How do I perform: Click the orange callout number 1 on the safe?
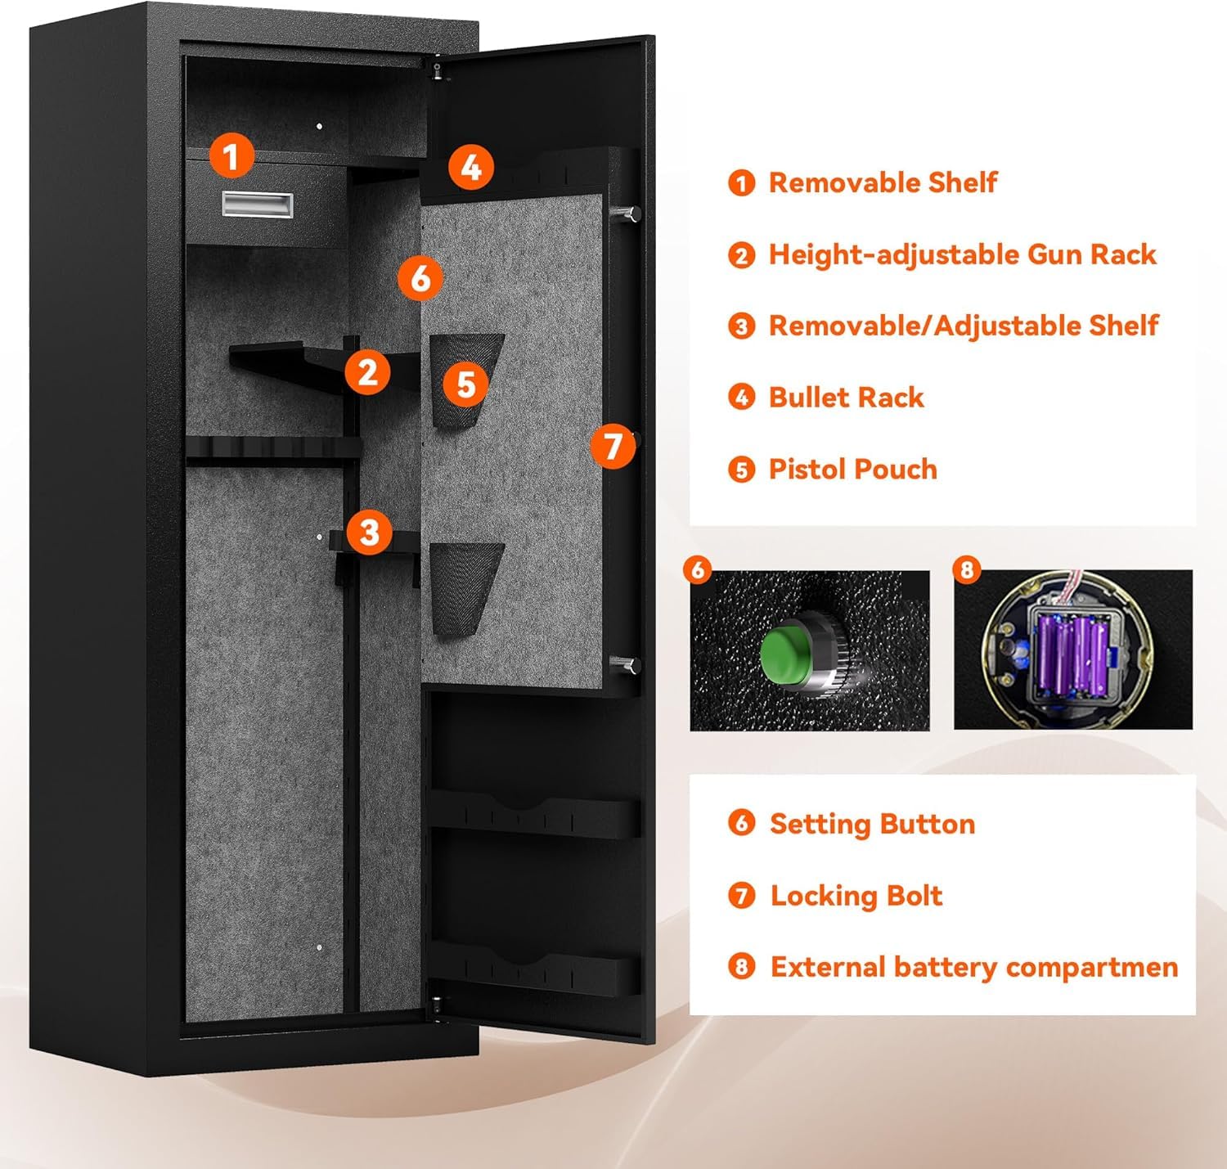[x=231, y=155]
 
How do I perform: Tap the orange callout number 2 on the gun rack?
[x=367, y=372]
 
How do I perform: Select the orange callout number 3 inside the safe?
[x=370, y=532]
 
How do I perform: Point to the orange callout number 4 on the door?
[x=471, y=167]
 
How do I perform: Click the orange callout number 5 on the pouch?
[x=466, y=384]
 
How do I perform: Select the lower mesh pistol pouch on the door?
[x=465, y=585]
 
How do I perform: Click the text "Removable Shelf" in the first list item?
[x=883, y=182]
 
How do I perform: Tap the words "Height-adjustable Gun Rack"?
[x=962, y=254]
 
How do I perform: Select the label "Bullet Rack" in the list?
[x=846, y=398]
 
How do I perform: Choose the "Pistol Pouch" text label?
[x=852, y=470]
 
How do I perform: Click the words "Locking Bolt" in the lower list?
[x=856, y=896]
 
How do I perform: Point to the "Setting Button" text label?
[x=872, y=824]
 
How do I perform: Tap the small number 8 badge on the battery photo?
[x=967, y=569]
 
